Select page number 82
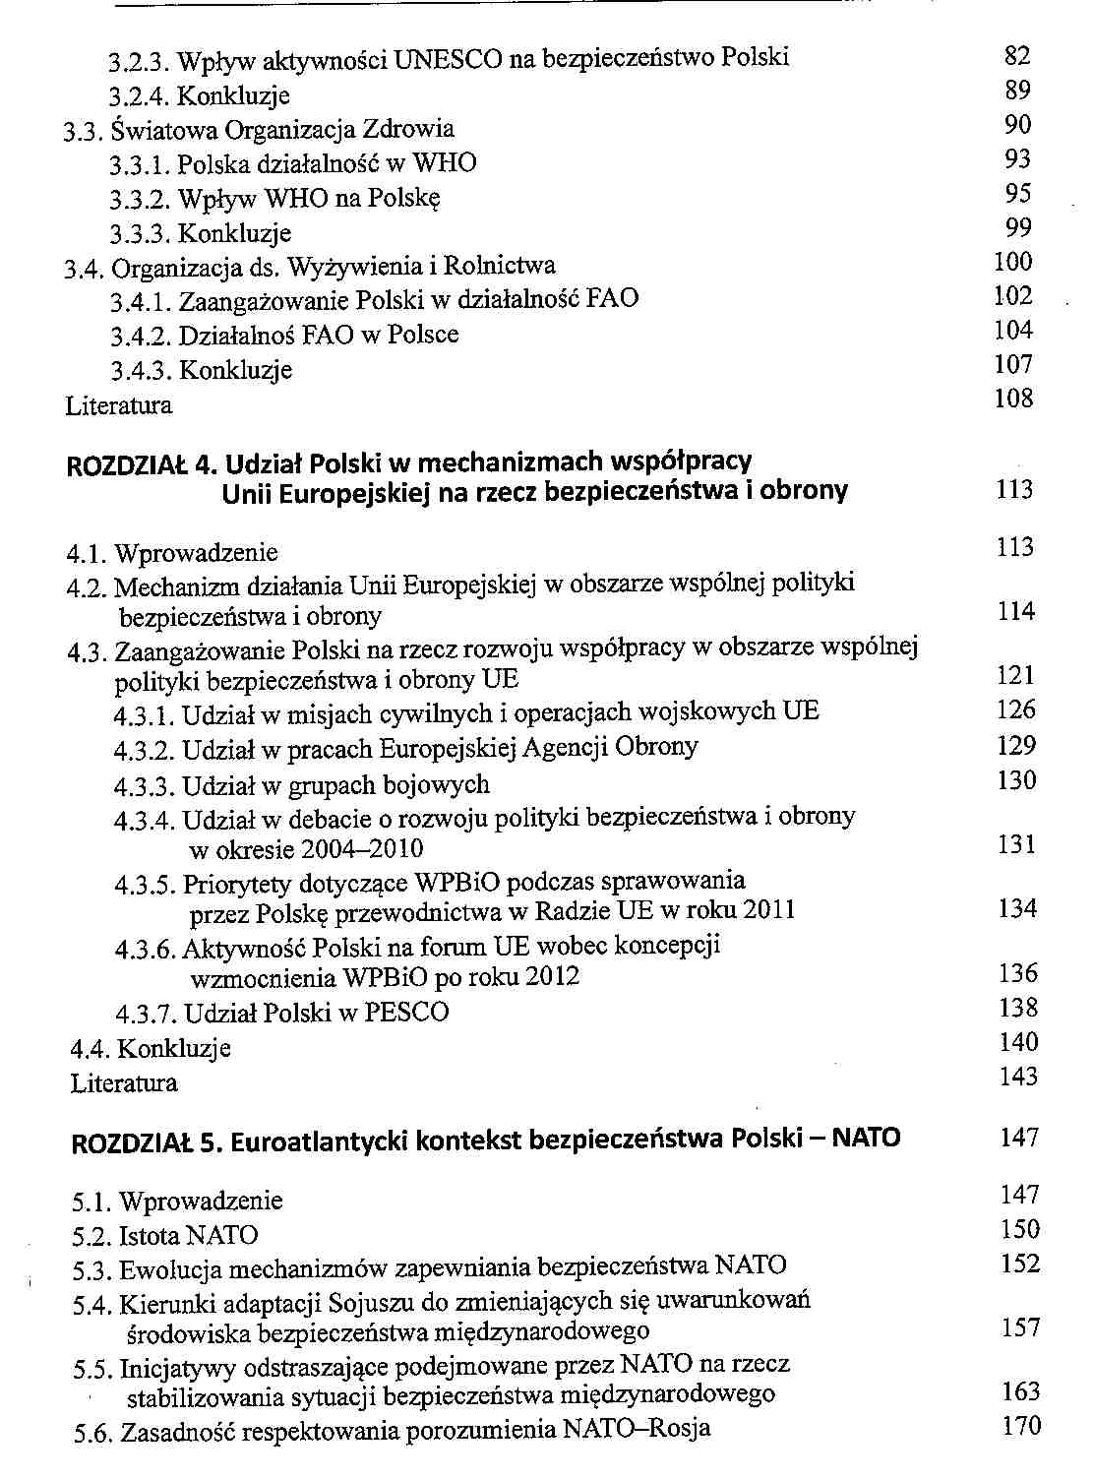(x=1017, y=56)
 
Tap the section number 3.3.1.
(x=141, y=164)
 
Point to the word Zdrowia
(x=408, y=129)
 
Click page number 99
(x=1018, y=228)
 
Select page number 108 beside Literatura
(x=1013, y=399)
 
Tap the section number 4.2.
(x=87, y=588)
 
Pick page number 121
(x=1015, y=675)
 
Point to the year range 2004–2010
(x=363, y=849)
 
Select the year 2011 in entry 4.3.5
(x=769, y=909)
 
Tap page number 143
(x=1017, y=1078)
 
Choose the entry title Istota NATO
(x=188, y=1235)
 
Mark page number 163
(x=1020, y=1392)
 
